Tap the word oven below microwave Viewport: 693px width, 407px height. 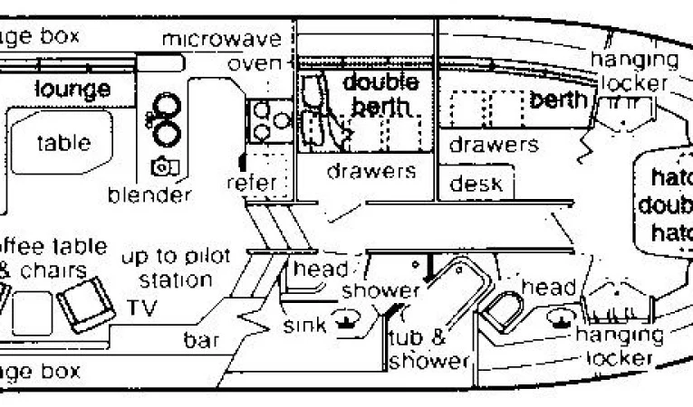pos(255,63)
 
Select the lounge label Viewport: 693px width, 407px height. pos(72,89)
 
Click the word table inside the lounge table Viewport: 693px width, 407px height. pos(63,142)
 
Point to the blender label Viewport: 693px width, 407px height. pos(149,194)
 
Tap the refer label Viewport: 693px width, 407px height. pos(251,183)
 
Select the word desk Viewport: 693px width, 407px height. pos(476,184)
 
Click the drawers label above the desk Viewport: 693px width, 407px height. pos(494,144)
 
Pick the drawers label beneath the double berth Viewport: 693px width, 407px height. pos(371,170)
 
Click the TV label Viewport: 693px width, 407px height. pos(141,308)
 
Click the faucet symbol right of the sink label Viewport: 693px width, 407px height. pos(345,318)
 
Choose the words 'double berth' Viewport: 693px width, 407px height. pos(380,93)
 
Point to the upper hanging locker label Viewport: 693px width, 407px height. pos(633,71)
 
